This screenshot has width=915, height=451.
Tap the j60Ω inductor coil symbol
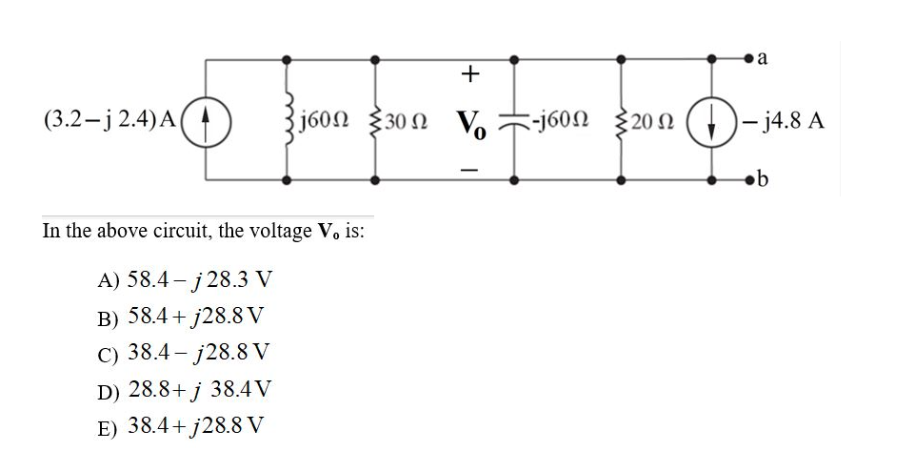point(285,122)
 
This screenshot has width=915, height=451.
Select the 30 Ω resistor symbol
point(376,122)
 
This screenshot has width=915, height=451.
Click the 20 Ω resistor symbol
point(622,122)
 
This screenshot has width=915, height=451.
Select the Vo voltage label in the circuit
point(469,124)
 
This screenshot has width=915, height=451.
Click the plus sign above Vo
point(469,72)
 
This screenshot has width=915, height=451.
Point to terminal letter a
point(763,58)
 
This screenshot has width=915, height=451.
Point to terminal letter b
point(762,180)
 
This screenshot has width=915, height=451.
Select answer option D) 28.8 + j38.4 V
point(185,389)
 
